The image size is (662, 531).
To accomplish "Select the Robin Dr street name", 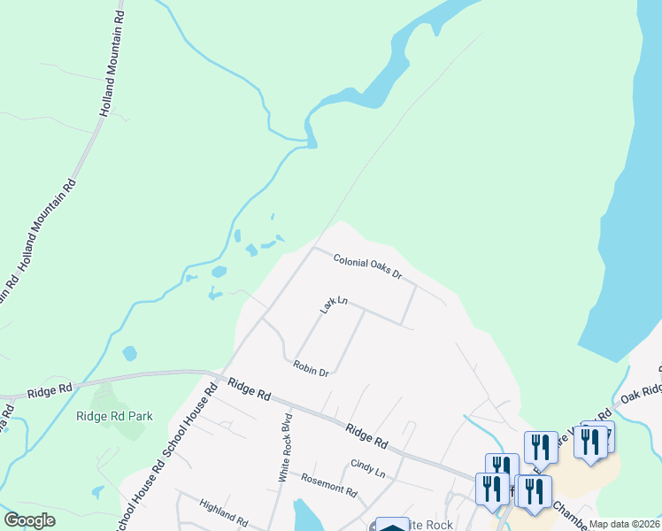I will tap(311, 367).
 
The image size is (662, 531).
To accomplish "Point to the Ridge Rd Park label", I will tap(115, 416).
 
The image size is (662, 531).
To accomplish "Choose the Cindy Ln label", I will tap(367, 467).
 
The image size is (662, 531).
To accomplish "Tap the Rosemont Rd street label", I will tap(329, 485).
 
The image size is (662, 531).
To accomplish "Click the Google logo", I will tap(30, 520).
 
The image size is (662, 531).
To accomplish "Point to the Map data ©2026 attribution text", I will tap(624, 524).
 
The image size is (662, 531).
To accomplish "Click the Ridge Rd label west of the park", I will tap(50, 390).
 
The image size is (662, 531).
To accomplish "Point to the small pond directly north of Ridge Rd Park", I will tap(130, 353).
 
